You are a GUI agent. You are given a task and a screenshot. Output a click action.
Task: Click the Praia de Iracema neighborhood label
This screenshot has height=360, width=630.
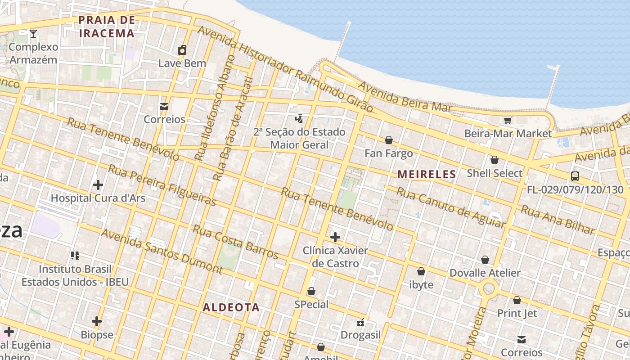[x=107, y=27]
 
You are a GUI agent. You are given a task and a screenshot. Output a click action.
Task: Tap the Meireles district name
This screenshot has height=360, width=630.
[x=427, y=174]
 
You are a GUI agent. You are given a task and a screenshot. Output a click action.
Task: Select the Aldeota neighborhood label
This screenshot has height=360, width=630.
[x=231, y=307]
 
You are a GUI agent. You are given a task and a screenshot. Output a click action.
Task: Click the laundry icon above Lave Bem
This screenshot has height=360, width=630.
[x=182, y=50]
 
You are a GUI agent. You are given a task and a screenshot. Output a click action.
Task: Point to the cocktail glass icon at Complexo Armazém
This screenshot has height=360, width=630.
[x=33, y=34]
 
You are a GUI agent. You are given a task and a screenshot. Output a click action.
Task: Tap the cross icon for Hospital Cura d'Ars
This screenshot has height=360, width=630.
[x=98, y=185]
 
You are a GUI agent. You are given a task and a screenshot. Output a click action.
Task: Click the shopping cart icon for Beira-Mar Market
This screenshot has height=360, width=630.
[x=508, y=120]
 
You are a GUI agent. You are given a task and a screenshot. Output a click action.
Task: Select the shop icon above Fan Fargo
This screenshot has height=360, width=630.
[x=389, y=140]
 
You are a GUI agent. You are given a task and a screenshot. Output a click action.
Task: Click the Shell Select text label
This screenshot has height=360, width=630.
[x=495, y=173]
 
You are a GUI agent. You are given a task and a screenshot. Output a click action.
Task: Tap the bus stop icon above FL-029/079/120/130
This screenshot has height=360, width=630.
[x=575, y=176]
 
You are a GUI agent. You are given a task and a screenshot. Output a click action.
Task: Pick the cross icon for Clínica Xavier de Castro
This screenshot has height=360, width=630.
[x=335, y=237]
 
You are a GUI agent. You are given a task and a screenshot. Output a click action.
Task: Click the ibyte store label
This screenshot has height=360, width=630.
[x=421, y=285]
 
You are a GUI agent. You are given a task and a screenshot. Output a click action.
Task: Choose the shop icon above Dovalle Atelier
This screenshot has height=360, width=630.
[x=485, y=260]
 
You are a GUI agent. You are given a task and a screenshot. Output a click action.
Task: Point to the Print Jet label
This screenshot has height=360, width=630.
[x=517, y=313]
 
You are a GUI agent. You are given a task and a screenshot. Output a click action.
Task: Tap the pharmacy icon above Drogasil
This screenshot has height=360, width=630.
[x=360, y=322]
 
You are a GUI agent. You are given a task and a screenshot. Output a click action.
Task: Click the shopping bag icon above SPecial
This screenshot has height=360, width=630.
[x=311, y=292]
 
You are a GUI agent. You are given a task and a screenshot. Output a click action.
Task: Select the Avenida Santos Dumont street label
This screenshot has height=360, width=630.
[x=162, y=252]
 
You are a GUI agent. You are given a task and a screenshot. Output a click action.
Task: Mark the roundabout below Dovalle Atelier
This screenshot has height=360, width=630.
[x=488, y=288]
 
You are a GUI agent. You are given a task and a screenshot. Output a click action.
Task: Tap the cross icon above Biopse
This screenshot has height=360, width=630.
[x=97, y=321]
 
